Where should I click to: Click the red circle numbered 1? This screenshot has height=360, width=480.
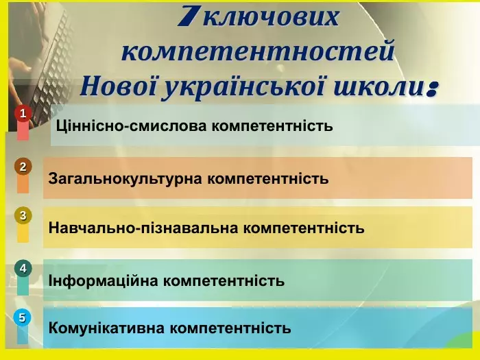(x=23, y=113)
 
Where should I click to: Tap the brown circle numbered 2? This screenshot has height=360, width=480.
(x=23, y=167)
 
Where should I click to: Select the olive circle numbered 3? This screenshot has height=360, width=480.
(x=23, y=215)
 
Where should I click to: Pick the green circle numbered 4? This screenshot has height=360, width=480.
(x=23, y=268)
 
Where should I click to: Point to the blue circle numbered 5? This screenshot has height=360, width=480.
(x=23, y=317)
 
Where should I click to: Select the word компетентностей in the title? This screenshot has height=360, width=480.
(x=258, y=52)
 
